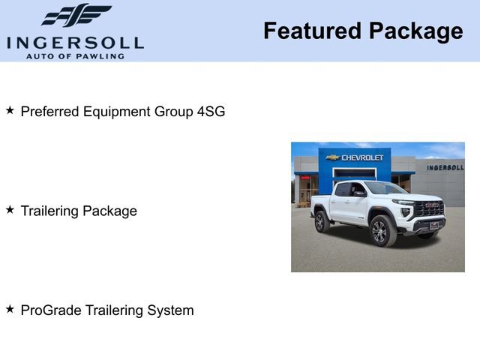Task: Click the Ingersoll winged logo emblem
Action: coord(76,16)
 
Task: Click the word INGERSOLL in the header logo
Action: coord(75,42)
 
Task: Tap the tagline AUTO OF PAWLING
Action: coord(75,55)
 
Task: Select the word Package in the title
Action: coord(416,31)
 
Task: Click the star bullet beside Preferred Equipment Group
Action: coord(10,110)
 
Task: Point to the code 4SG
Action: coord(211,112)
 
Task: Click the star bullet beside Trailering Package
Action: coord(10,209)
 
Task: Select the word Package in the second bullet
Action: coord(109,211)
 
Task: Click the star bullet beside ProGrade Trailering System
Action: coord(10,308)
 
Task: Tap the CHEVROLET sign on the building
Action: coord(363,157)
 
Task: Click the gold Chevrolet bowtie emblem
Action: coord(333,157)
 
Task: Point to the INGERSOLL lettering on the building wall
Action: coord(445,167)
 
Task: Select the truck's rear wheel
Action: coord(321,222)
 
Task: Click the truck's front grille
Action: coord(430,209)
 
